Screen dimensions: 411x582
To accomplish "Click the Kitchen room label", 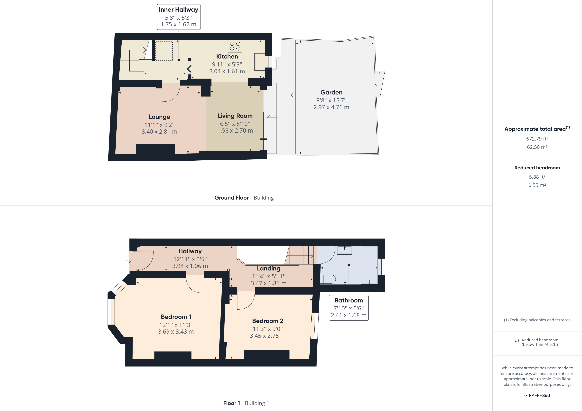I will (227, 57).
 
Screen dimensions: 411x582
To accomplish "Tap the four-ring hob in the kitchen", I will (235, 46).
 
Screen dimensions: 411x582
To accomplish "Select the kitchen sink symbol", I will (259, 61).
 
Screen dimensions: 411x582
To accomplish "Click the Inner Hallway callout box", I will (179, 17).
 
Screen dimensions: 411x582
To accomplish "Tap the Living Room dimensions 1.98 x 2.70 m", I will (235, 131).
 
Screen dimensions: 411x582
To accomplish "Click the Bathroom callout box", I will (349, 308).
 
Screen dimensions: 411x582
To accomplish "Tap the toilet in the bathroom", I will (328, 279).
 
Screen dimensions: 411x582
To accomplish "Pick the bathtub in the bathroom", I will (369, 265).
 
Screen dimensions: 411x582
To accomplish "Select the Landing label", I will (268, 268).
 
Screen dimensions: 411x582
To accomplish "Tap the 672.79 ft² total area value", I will (537, 139).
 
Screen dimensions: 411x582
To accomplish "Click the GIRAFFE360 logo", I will (537, 395).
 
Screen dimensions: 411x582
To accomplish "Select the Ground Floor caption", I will (231, 198).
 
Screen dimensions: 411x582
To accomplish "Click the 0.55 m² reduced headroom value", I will (537, 185).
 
